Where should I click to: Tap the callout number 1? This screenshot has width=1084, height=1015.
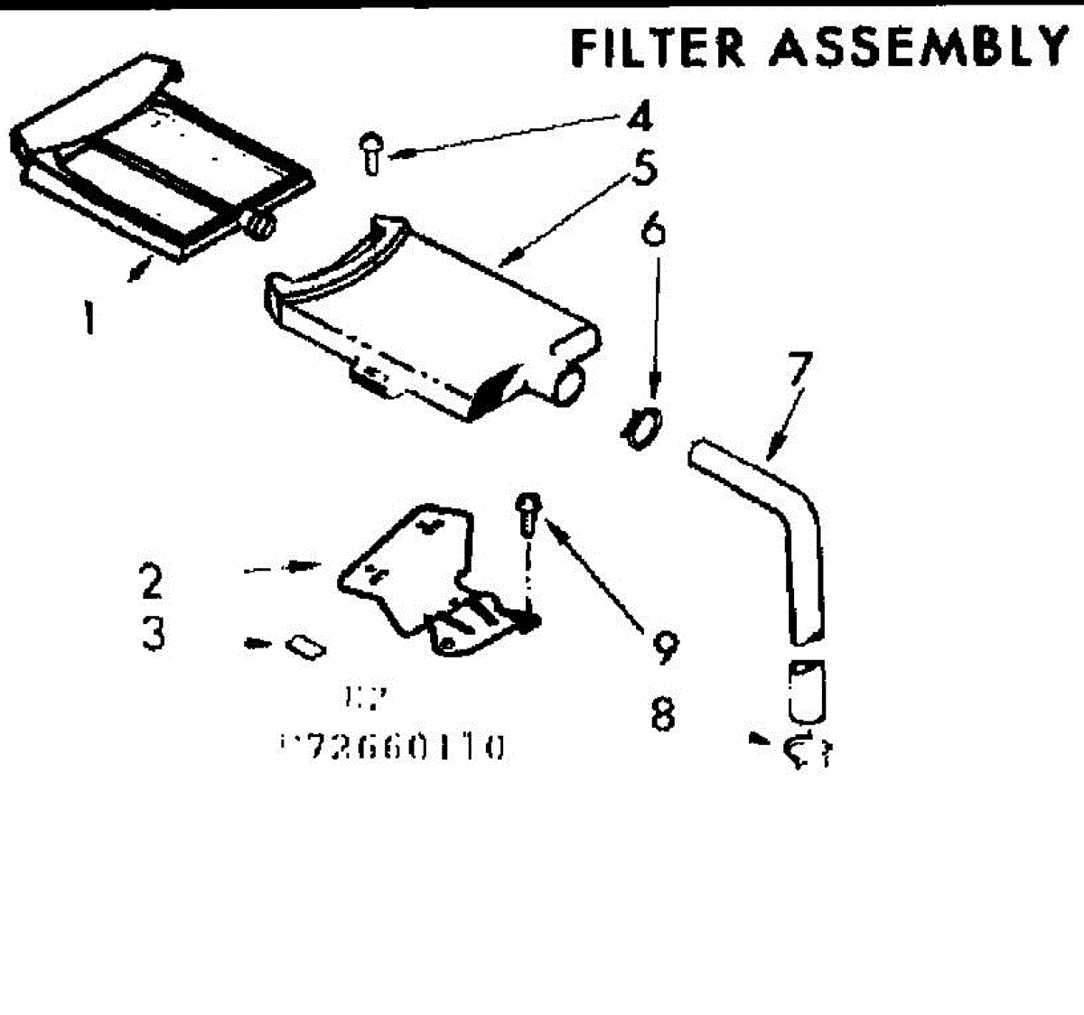pyautogui.click(x=87, y=317)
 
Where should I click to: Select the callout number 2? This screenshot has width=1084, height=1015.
pyautogui.click(x=152, y=581)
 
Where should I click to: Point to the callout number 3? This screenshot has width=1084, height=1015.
pyautogui.click(x=154, y=635)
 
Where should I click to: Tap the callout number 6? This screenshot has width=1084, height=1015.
pyautogui.click(x=653, y=229)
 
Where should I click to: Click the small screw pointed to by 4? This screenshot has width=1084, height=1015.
pyautogui.click(x=371, y=153)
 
